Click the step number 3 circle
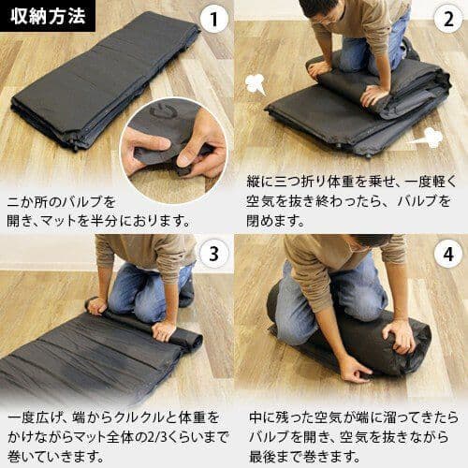click(214, 254)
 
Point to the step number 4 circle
click(447, 254)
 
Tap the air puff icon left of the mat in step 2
click(255, 84)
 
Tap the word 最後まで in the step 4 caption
click(280, 457)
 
